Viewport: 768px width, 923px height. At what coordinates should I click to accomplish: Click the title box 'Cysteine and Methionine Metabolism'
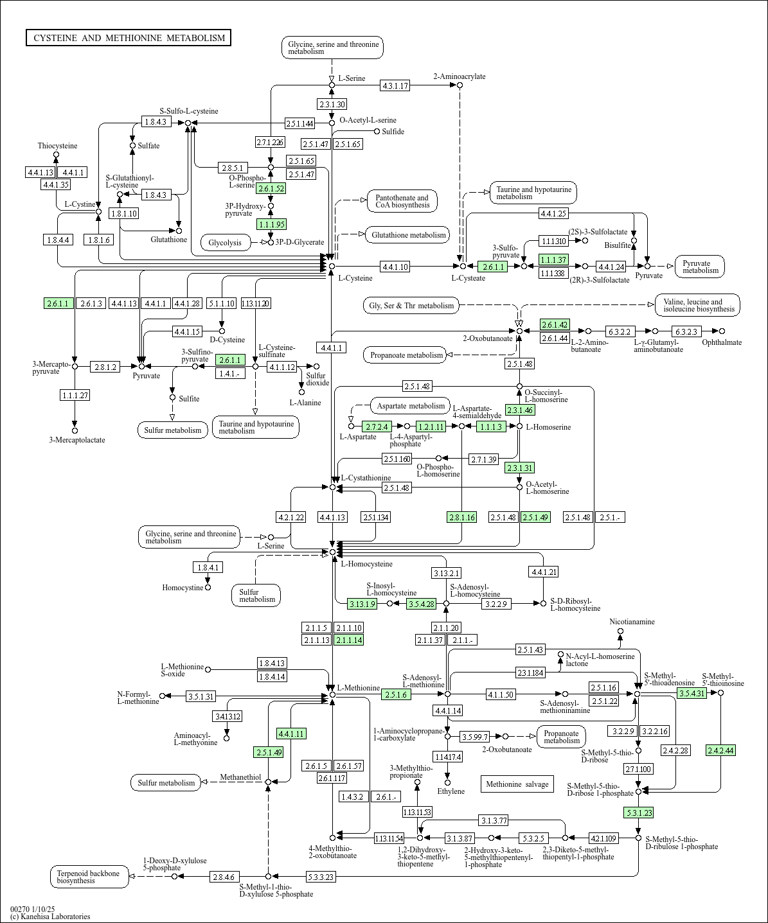click(x=129, y=38)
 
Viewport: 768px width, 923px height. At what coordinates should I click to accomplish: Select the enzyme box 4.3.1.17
click(x=395, y=85)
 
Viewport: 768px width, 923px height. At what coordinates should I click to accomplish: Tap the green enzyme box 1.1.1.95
click(x=271, y=224)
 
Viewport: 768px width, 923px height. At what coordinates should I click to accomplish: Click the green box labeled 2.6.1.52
click(x=271, y=188)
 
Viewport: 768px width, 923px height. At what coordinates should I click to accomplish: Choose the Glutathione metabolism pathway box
click(x=408, y=235)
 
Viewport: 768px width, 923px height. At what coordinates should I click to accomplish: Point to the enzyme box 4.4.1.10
click(x=395, y=266)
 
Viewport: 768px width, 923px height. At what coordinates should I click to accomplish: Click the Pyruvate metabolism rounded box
click(x=700, y=267)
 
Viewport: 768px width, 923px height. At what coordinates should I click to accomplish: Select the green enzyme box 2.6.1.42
click(x=555, y=324)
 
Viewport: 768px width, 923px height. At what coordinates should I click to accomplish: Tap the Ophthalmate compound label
click(x=722, y=342)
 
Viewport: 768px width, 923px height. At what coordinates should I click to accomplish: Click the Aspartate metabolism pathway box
click(x=411, y=406)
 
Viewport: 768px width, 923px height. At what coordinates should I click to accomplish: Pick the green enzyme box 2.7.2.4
click(x=377, y=426)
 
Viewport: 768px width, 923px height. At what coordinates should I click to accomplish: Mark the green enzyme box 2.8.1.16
click(x=462, y=517)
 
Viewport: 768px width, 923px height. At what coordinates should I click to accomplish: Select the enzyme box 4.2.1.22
click(x=290, y=517)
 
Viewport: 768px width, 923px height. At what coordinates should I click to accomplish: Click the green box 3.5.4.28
click(x=422, y=604)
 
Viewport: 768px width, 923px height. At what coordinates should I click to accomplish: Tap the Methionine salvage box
click(x=517, y=784)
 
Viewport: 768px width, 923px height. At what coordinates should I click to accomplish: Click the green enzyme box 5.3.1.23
click(x=638, y=813)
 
